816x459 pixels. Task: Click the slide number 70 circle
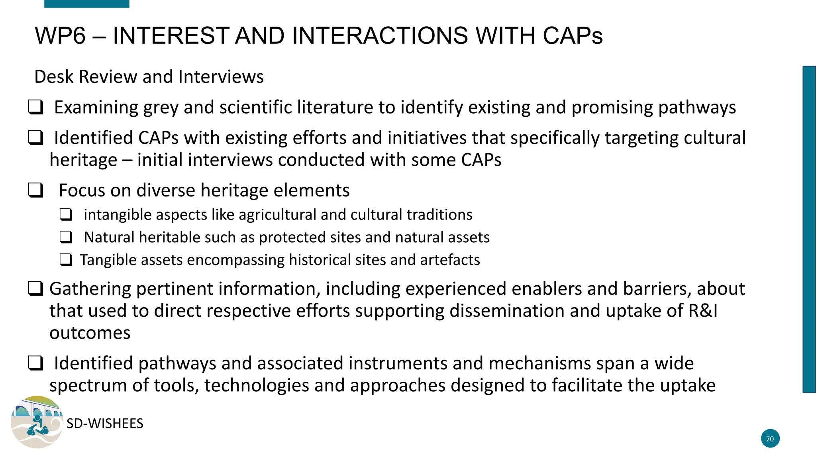770,439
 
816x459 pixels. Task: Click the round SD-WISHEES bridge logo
37,422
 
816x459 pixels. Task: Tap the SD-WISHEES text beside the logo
105,424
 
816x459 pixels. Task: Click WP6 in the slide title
60,35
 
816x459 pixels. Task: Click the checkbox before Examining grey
35,108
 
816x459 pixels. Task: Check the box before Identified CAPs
35,138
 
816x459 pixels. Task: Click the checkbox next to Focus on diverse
35,190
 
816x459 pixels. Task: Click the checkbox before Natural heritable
66,237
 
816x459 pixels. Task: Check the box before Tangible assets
66,260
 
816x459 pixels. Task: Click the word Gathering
90,289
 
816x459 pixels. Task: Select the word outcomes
90,333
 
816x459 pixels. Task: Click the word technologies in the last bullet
257,385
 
